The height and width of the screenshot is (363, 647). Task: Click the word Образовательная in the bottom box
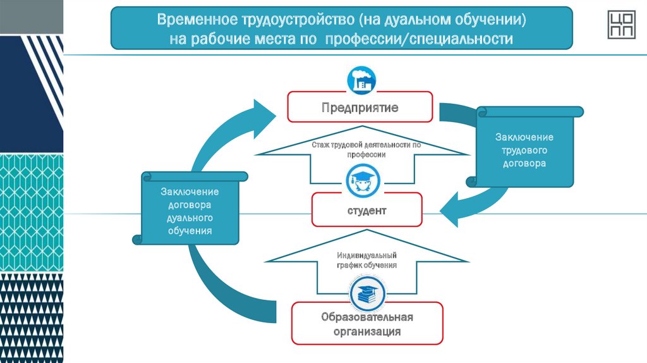pyautogui.click(x=367, y=316)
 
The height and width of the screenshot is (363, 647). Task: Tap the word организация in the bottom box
pyautogui.click(x=367, y=331)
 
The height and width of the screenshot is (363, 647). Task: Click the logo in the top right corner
pyautogui.click(x=622, y=25)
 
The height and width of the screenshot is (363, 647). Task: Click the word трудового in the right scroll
pyautogui.click(x=524, y=151)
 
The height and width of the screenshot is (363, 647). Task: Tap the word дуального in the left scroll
pyautogui.click(x=190, y=218)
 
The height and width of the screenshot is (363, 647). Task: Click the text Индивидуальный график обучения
pyautogui.click(x=366, y=260)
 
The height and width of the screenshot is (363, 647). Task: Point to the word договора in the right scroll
pyautogui.click(x=524, y=163)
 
